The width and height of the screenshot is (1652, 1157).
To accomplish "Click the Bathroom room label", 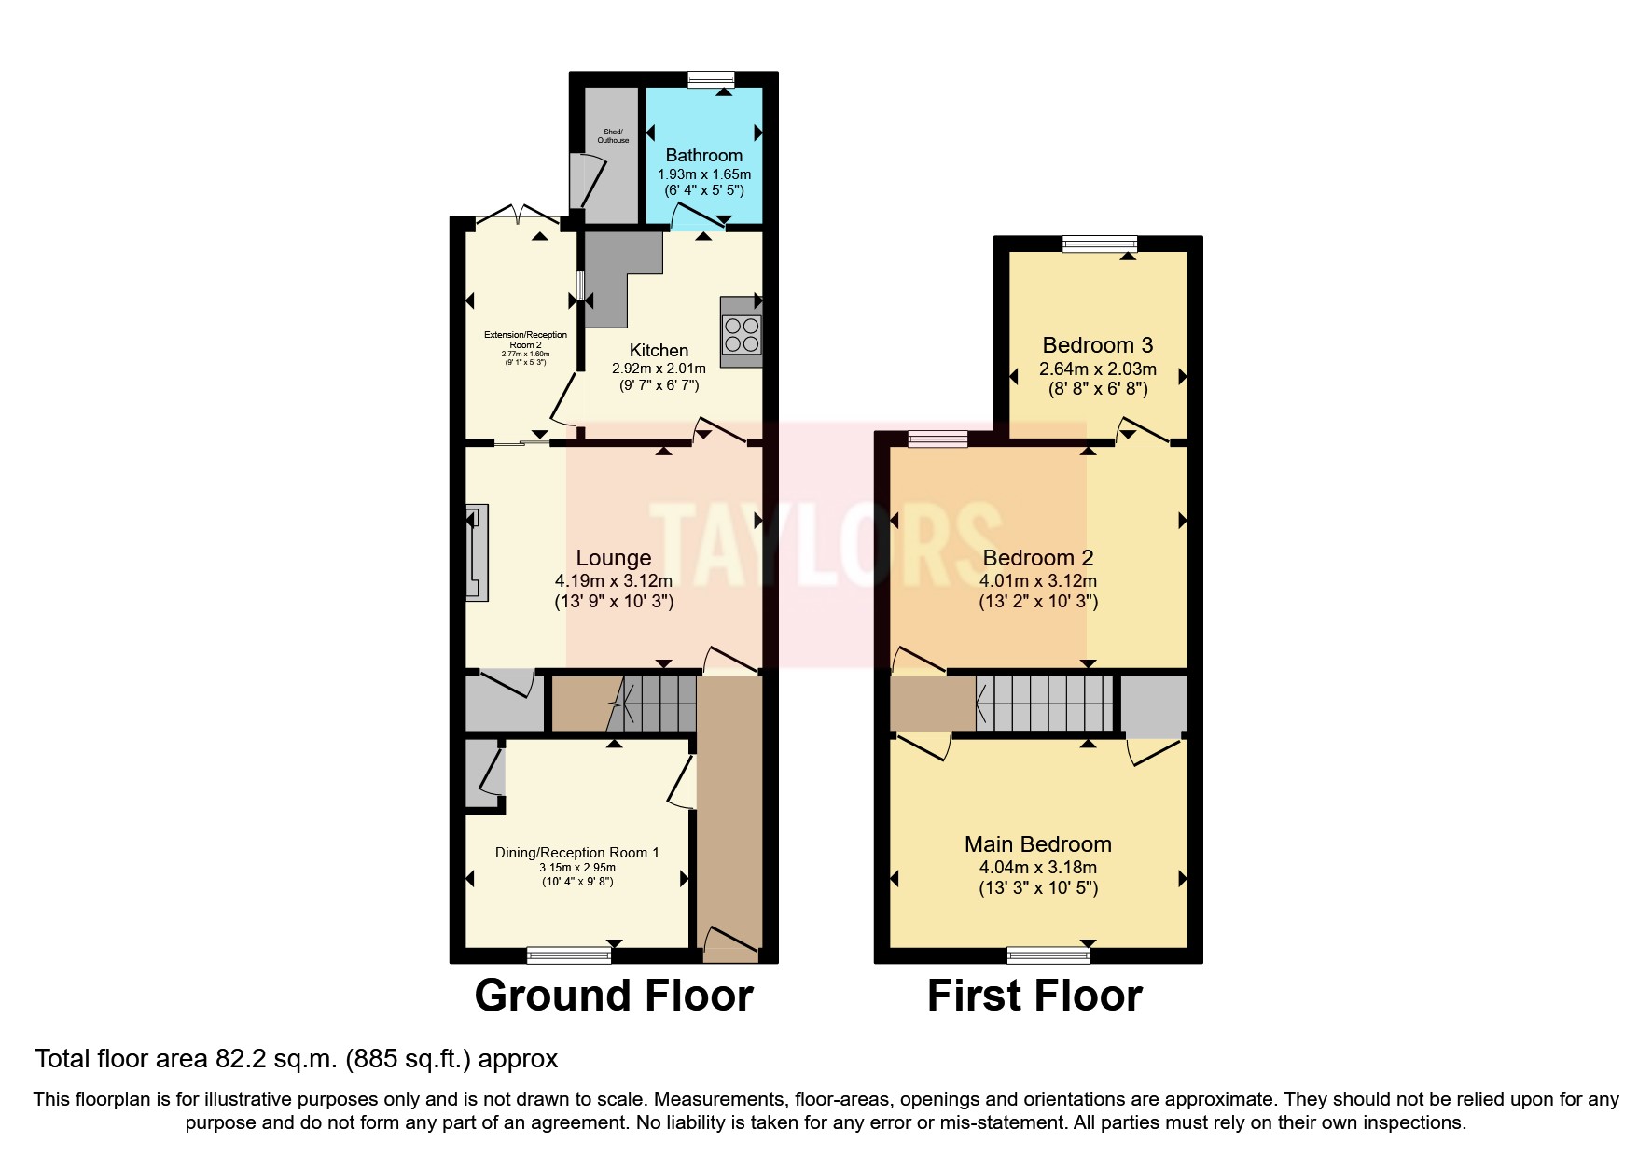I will tap(703, 155).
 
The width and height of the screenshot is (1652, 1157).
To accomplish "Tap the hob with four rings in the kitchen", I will tap(742, 335).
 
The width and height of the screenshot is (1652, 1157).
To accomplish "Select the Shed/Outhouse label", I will tap(613, 136).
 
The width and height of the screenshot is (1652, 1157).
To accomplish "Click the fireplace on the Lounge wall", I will tap(477, 553).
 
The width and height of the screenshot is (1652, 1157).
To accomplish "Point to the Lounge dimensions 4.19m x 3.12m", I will tap(613, 580).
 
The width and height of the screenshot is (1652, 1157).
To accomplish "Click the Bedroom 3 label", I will tap(1097, 345).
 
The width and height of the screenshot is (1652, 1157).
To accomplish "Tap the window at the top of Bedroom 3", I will tap(1099, 244).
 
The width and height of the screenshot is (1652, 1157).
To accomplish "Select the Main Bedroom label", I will tap(1037, 844).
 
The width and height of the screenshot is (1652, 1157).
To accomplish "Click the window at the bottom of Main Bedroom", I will tap(1048, 955).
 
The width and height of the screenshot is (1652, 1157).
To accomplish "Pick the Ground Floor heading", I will tap(613, 996).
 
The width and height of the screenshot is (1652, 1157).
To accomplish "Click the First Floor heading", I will tap(1034, 996).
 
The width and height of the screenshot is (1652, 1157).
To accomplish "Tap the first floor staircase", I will tap(1045, 704).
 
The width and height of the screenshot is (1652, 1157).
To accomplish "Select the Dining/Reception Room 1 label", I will tap(576, 853).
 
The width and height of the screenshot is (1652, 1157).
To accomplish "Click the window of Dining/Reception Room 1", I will tap(568, 955).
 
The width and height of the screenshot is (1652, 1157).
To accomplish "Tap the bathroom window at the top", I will tap(711, 80).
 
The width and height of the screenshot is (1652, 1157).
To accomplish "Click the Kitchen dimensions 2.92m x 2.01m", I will tap(659, 369).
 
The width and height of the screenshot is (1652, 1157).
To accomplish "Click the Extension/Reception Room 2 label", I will tap(525, 340).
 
